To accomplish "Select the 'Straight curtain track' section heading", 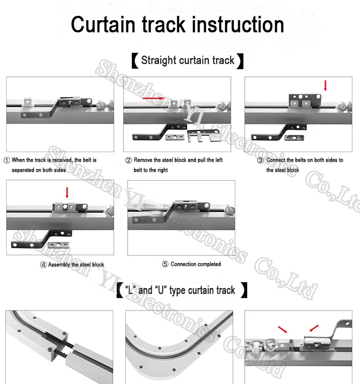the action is point(188,60).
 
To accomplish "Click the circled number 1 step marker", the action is point(7,160).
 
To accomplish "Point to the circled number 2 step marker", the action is point(129,160).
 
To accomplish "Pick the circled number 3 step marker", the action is point(261,160).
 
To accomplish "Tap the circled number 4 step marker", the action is point(43,264).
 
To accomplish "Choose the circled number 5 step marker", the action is point(166,264).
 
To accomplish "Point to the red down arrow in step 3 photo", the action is point(325,85).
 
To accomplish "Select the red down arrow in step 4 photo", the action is point(67,192).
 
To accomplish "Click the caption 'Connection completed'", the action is point(196,264).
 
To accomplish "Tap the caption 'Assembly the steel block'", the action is point(76,264).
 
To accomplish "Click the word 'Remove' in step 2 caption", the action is point(143,160).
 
